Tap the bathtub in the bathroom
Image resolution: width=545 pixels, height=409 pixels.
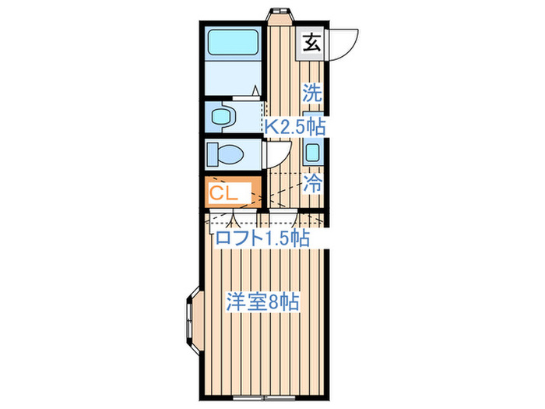(x=233, y=42)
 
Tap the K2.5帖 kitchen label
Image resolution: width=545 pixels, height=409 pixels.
(x=294, y=127)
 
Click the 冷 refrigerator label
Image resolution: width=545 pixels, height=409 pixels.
(x=312, y=185)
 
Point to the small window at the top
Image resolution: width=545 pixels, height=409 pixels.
(x=278, y=12)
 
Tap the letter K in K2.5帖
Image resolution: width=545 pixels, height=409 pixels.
(x=268, y=127)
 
